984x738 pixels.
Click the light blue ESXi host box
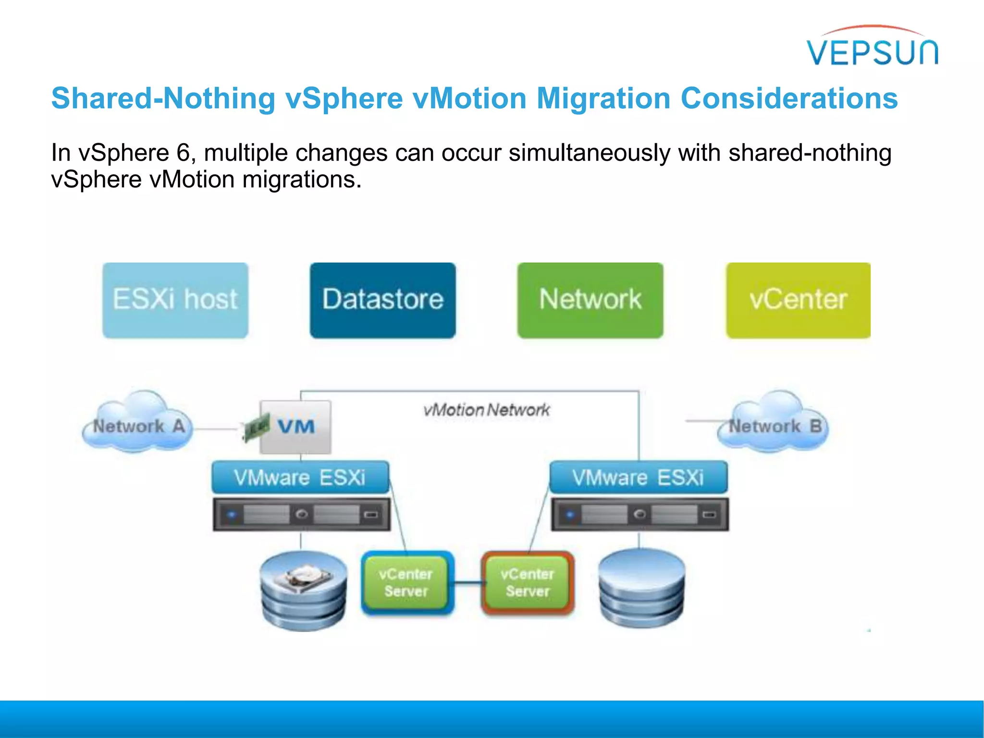click(175, 300)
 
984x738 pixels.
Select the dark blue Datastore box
click(382, 300)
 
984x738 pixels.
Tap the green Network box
click(590, 300)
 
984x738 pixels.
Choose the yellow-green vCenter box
click(798, 300)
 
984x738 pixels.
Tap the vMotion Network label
click(486, 410)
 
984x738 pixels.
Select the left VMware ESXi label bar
click(300, 477)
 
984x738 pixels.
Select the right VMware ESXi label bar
click(638, 477)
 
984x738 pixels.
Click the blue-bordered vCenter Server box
click(407, 582)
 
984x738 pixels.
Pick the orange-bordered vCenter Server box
click(528, 582)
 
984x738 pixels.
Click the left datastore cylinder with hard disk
click(303, 591)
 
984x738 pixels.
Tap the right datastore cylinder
click(641, 589)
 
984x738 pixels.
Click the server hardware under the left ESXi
click(302, 514)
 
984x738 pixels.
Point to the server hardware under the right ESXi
click(640, 514)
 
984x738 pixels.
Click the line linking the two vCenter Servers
click(468, 583)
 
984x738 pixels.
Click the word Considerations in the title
click(789, 98)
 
